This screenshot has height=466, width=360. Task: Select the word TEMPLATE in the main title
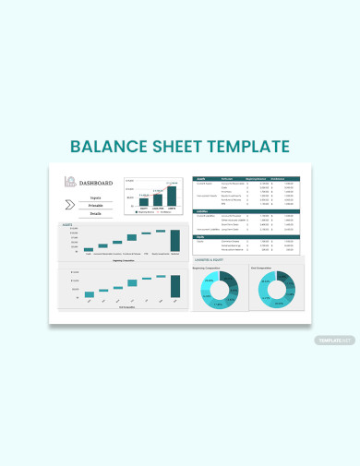click(249, 147)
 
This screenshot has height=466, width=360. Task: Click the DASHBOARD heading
click(96, 183)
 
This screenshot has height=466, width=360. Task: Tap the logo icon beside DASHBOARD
click(69, 182)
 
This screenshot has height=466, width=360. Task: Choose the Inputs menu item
click(96, 197)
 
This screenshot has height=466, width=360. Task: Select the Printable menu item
click(96, 205)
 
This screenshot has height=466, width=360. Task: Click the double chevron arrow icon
click(70, 205)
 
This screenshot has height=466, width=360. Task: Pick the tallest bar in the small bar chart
click(171, 196)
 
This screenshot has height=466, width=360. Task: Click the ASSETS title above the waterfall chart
click(67, 224)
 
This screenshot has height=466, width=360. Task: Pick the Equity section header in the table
click(199, 236)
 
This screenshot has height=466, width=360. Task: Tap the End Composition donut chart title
click(262, 269)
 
